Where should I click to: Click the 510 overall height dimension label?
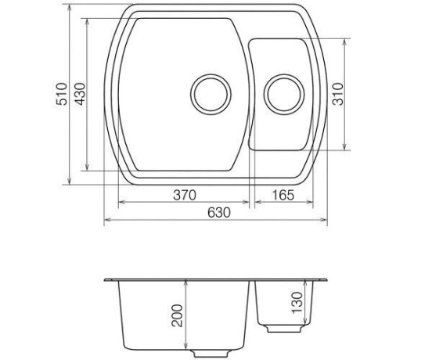[62, 94]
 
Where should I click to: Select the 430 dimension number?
[81, 94]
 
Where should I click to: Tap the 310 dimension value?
[338, 94]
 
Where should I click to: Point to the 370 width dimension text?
[185, 195]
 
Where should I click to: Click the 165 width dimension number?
[283, 195]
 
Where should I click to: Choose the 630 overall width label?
[219, 213]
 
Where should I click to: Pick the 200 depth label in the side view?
[177, 315]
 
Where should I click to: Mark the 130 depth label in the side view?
[297, 303]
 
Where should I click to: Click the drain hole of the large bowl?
[211, 94]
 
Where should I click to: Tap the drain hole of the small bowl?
[284, 94]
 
